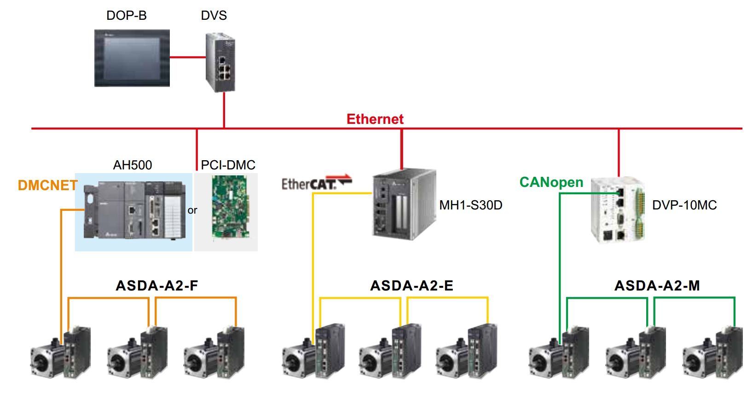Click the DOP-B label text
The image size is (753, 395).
tap(126, 16)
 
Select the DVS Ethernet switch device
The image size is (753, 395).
tap(220, 62)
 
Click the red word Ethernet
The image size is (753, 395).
tap(375, 119)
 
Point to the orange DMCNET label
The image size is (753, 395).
tap(47, 185)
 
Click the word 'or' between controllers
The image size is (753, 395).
tap(192, 210)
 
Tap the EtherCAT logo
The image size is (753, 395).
tap(316, 183)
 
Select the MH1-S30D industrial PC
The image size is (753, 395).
tap(403, 204)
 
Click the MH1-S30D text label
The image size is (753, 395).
tap(470, 205)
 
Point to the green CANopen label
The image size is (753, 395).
tap(551, 182)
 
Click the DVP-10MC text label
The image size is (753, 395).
tap(684, 205)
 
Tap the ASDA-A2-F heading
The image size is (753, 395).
tap(157, 286)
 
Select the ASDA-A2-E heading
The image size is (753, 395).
tap(411, 286)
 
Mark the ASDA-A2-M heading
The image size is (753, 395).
tap(657, 286)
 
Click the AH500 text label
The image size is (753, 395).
tap(133, 165)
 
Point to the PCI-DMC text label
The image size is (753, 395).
tap(228, 165)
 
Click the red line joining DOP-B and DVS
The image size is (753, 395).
tap(188, 58)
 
